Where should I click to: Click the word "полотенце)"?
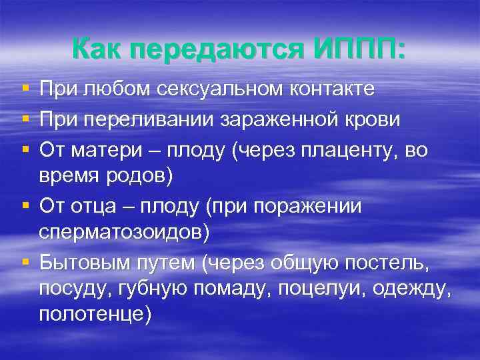[x=95, y=314]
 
